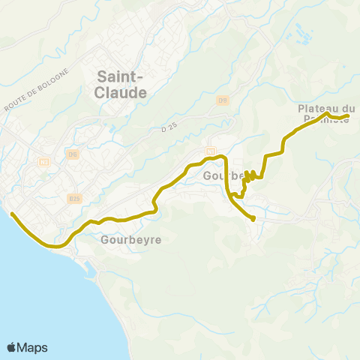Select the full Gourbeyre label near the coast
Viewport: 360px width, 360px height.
[130, 240]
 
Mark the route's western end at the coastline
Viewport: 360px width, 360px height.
[12, 214]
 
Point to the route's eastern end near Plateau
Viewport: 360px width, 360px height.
[348, 115]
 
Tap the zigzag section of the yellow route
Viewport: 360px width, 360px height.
[250, 176]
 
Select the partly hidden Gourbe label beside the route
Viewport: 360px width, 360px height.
[220, 175]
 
